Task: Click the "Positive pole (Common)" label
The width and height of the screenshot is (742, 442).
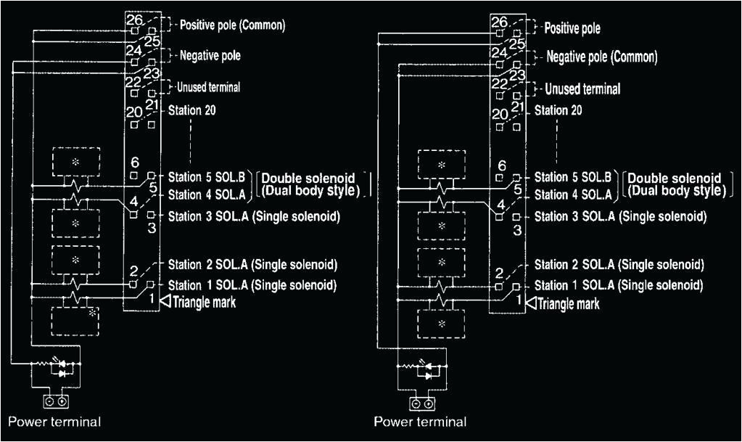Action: click(232, 25)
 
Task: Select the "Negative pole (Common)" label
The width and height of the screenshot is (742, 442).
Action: click(601, 57)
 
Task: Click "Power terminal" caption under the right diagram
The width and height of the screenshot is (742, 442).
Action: click(420, 422)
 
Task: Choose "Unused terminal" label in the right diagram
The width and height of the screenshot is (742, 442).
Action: click(582, 89)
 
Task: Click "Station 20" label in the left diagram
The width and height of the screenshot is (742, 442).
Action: click(192, 111)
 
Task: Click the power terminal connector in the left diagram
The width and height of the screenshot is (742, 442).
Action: click(55, 401)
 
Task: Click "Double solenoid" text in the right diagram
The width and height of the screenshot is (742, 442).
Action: click(675, 178)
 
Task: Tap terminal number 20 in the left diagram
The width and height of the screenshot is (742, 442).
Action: click(135, 113)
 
